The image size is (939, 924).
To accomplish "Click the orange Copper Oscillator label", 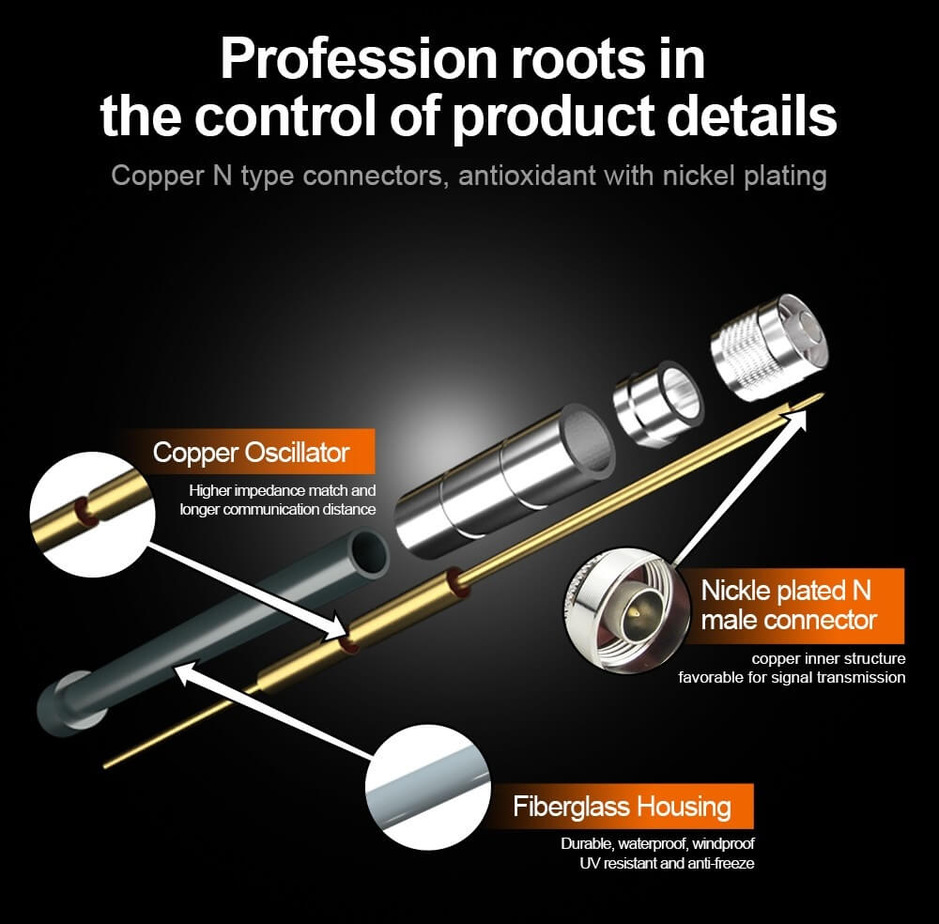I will [251, 453].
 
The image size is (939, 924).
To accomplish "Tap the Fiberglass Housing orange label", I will [621, 807].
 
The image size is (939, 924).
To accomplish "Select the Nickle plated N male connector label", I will [787, 606].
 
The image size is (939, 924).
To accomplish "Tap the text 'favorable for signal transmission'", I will [792, 677].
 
